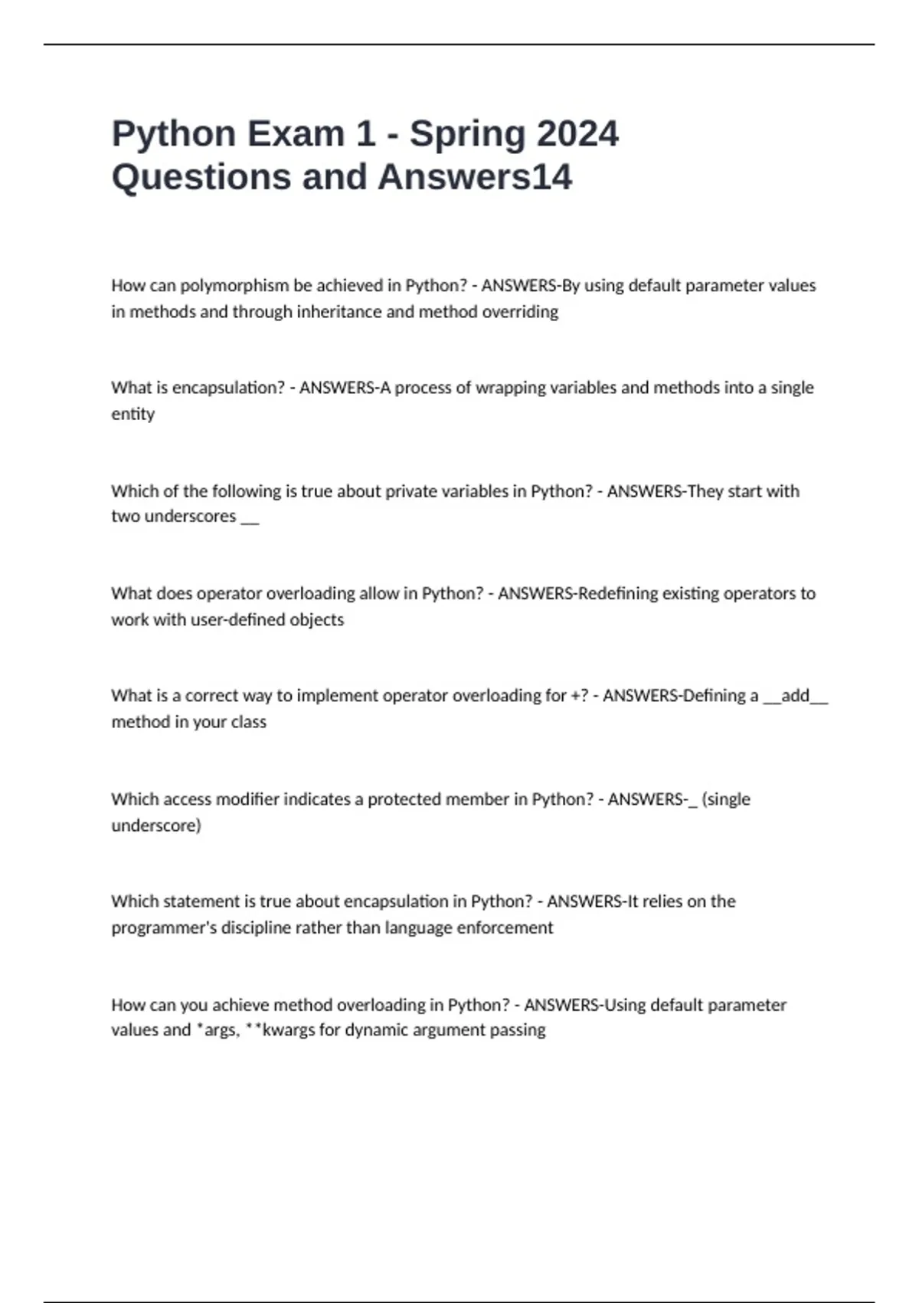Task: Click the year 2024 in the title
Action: [578, 133]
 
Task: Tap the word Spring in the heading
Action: [467, 135]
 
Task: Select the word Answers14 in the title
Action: [475, 177]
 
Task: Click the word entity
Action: [132, 414]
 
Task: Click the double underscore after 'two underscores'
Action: [250, 518]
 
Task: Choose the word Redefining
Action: [618, 594]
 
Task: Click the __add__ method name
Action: [796, 696]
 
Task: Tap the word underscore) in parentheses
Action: [156, 825]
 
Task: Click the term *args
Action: [218, 1030]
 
